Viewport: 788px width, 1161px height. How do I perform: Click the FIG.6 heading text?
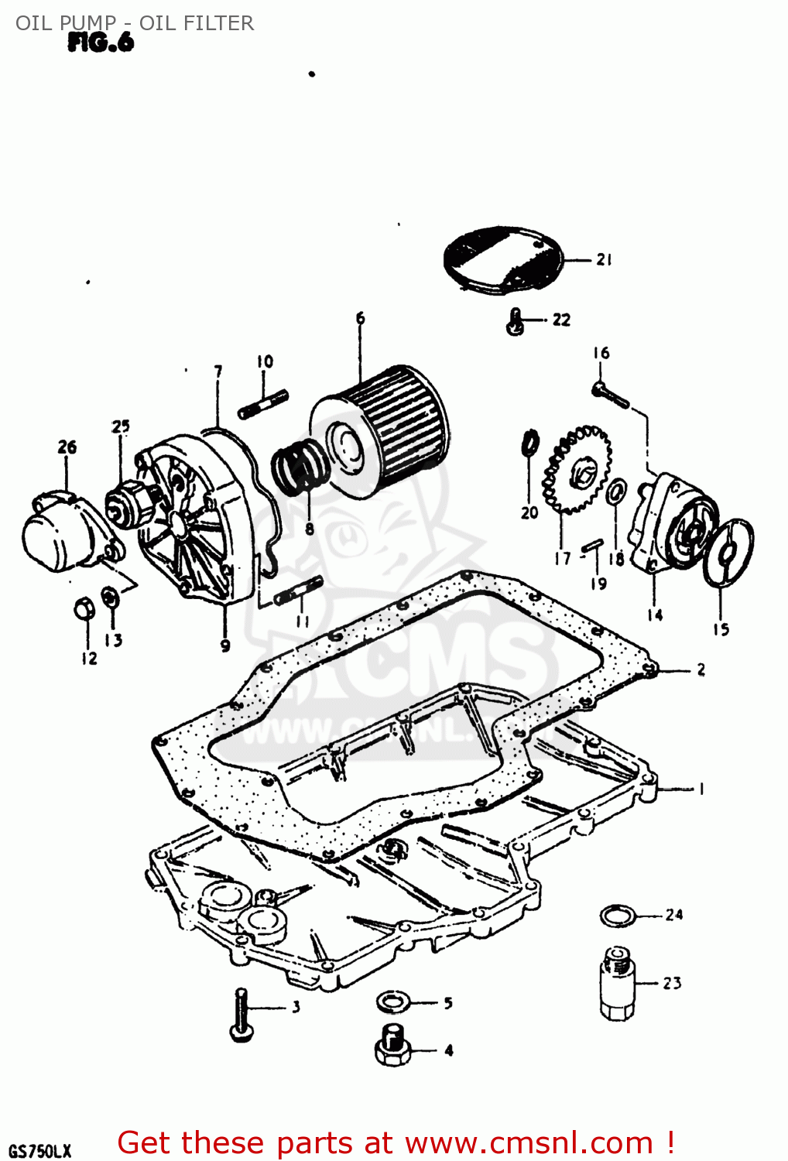point(101,43)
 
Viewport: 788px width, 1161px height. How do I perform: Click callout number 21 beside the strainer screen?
point(604,260)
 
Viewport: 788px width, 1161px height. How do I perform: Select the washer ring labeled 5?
point(393,1002)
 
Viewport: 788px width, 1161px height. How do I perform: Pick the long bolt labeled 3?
point(241,1014)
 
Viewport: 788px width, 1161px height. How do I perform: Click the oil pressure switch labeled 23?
point(617,983)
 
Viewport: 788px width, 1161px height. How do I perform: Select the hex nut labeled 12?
point(84,609)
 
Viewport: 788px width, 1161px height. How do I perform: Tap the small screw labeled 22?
point(516,321)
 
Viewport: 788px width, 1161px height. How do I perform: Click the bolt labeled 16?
point(612,396)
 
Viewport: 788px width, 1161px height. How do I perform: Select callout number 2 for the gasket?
point(701,670)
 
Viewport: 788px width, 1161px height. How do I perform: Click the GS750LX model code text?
point(40,1150)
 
